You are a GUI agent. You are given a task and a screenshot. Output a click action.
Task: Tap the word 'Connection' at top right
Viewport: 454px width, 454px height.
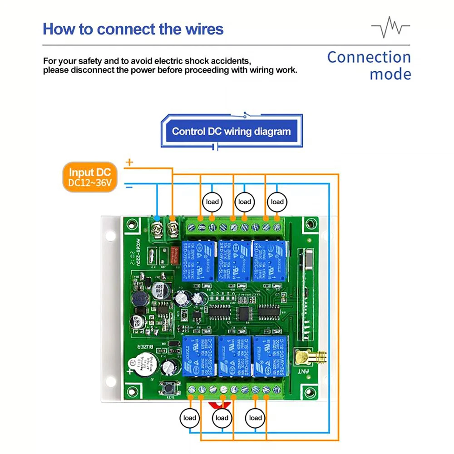tap(369, 58)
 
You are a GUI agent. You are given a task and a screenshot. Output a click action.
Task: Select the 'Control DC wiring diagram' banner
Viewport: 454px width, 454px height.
tap(231, 132)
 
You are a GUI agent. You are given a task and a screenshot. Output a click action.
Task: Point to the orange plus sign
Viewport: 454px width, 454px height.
tap(129, 162)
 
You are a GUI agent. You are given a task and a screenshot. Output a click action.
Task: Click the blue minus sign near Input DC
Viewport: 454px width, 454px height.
tap(129, 186)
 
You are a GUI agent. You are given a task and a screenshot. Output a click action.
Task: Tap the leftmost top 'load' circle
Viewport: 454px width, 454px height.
tap(212, 202)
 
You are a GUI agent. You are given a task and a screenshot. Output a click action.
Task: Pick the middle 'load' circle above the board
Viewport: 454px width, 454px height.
tap(244, 202)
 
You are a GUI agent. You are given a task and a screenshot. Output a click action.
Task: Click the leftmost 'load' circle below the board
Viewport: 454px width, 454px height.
tap(189, 418)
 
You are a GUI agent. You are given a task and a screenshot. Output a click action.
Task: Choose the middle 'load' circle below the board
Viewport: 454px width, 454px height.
tap(222, 418)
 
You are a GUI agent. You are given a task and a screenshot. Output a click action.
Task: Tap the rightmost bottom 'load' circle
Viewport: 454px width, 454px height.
tap(255, 418)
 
